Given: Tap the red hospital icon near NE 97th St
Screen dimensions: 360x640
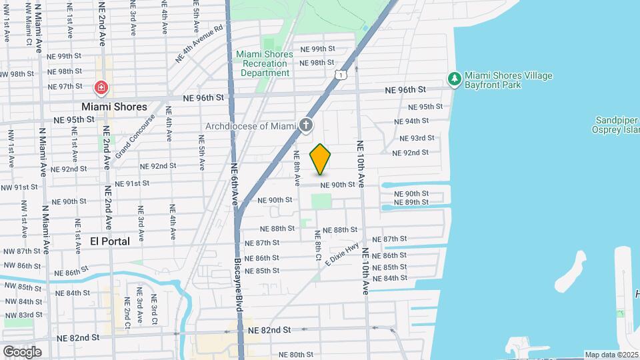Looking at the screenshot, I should (101, 87).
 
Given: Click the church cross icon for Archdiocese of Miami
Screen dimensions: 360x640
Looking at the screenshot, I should (306, 125).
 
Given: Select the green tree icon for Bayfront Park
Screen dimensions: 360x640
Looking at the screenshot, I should (455, 80).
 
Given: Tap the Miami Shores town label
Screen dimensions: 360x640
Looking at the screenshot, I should (114, 107).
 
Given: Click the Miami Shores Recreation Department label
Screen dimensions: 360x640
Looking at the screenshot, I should (265, 63).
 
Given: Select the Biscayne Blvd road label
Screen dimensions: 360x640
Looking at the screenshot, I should (238, 283).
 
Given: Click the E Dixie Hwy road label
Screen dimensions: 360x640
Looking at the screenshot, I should (343, 255).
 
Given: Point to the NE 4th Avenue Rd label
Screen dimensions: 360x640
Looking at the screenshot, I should (199, 45).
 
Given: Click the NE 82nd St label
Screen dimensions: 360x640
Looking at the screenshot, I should (269, 330).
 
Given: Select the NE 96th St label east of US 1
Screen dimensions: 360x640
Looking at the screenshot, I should (405, 89).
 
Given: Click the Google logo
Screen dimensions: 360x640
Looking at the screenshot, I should (22, 351).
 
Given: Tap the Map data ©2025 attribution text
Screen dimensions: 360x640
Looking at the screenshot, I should (611, 355).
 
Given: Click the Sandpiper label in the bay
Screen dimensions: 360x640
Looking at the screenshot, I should (616, 119).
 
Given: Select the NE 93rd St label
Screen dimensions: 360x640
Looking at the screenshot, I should (417, 138).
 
